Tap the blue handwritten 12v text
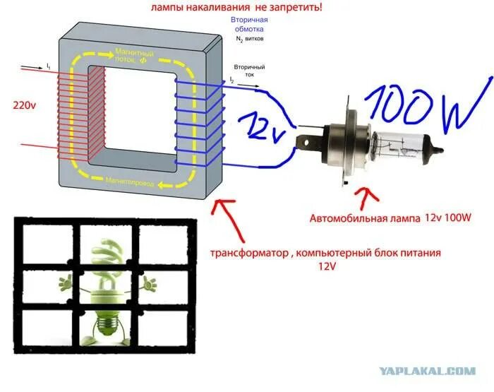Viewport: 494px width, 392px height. [x=261, y=125]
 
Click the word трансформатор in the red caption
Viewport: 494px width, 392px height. [x=246, y=252]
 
